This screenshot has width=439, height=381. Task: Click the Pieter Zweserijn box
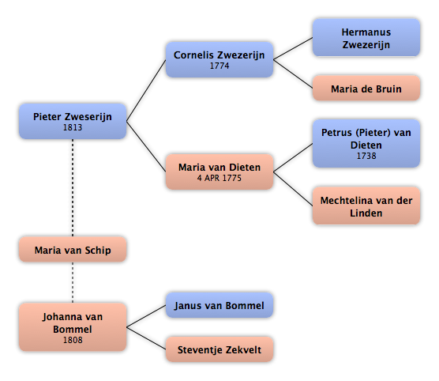point(73,121)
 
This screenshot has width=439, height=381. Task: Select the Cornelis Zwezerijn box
point(219,59)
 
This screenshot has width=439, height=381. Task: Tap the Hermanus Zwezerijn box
point(366,38)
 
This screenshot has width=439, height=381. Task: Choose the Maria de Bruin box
point(366,88)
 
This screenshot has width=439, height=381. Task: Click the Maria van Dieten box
point(219,172)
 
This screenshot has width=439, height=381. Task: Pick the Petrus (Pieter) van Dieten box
point(366,143)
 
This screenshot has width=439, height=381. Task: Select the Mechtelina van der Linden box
point(366,206)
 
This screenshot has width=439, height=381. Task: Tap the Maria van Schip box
point(73,249)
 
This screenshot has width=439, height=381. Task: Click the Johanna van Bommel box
point(73,327)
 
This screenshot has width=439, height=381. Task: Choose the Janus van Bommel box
point(219,305)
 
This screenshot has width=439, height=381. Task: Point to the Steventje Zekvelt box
point(219,349)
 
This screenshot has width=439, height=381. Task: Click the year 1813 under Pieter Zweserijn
point(73,127)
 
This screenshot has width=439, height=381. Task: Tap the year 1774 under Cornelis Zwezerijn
point(219,66)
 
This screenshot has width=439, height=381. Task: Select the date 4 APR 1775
point(219,178)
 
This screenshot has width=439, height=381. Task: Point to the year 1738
point(366,156)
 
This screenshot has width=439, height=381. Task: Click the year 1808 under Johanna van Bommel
point(73,340)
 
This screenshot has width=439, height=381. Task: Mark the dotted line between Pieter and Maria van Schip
point(73,188)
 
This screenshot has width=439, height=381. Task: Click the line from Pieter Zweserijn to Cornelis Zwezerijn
point(146,90)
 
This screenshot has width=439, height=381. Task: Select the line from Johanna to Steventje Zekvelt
point(146,338)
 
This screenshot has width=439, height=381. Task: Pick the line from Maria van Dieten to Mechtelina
point(293,189)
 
